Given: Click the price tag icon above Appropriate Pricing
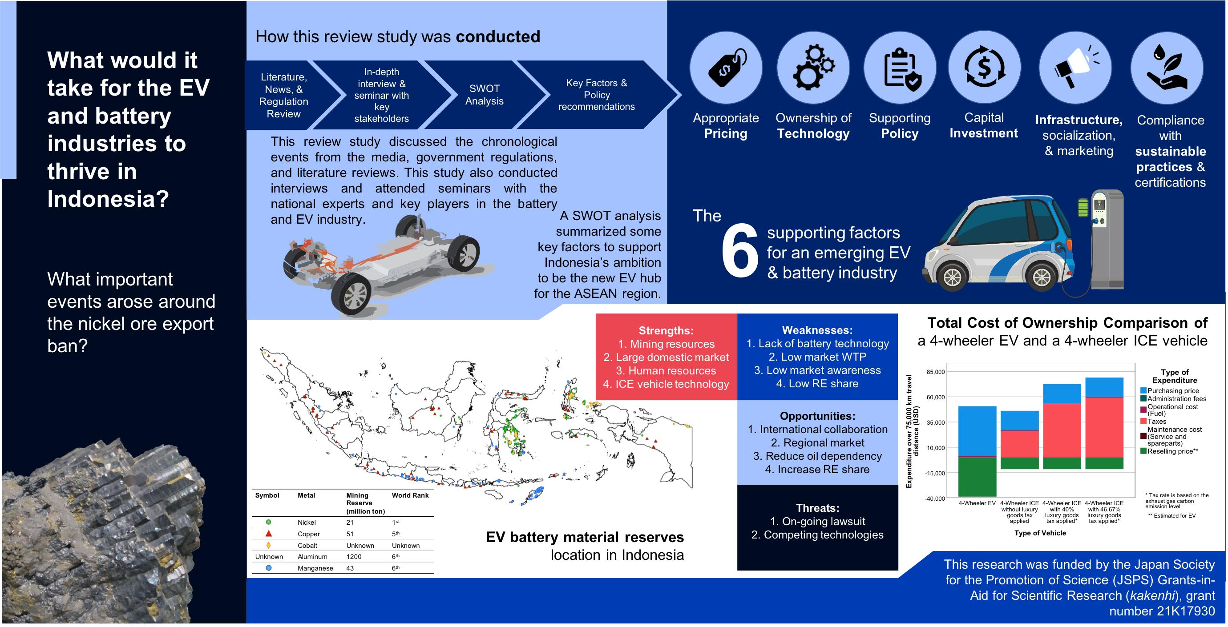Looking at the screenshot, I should (726, 68).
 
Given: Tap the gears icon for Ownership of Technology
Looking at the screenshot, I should (813, 68).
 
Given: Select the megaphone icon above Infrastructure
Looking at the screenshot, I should (1075, 68).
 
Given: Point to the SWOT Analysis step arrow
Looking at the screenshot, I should (485, 95).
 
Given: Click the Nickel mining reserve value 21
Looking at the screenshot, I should (350, 522).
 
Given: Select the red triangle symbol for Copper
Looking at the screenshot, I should (269, 534).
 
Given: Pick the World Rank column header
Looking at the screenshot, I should (410, 495).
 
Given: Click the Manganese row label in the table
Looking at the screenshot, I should (315, 568).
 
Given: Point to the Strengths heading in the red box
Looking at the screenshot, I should (666, 331).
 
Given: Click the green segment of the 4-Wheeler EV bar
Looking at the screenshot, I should (977, 476).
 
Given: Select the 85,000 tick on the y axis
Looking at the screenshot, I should (935, 372).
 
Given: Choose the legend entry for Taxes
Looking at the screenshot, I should (1156, 422).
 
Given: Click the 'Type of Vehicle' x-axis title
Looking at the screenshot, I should (1040, 533).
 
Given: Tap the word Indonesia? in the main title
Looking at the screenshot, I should (108, 199).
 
